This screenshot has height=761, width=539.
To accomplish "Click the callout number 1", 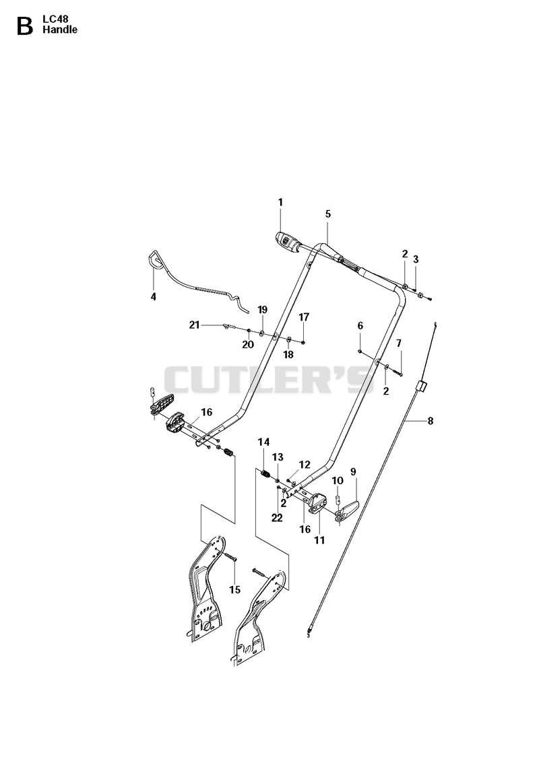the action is tap(280, 202).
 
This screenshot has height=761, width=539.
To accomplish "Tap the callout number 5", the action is tap(328, 213).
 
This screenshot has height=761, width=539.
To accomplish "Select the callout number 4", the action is tap(154, 296).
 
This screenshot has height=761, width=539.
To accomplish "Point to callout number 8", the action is tap(431, 421).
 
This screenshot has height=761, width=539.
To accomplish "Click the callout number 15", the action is tap(235, 590).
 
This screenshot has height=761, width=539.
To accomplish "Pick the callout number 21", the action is tap(194, 325).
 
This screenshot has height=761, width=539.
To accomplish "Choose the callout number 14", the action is tap(263, 442).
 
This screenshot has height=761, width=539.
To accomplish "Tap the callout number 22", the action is tap(277, 518).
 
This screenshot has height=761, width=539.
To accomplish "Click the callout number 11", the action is tap(319, 539).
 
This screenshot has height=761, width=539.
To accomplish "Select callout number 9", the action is tap(353, 471).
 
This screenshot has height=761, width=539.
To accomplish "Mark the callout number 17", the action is tap(304, 317).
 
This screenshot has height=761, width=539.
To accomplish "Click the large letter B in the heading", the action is tap(25, 26).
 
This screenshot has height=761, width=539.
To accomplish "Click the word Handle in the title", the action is tap(60, 30).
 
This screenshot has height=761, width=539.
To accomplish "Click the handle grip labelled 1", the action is tap(288, 241).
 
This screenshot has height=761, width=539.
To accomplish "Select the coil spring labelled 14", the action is tap(266, 473).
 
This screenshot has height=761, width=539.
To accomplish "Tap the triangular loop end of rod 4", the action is tap(155, 259).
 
